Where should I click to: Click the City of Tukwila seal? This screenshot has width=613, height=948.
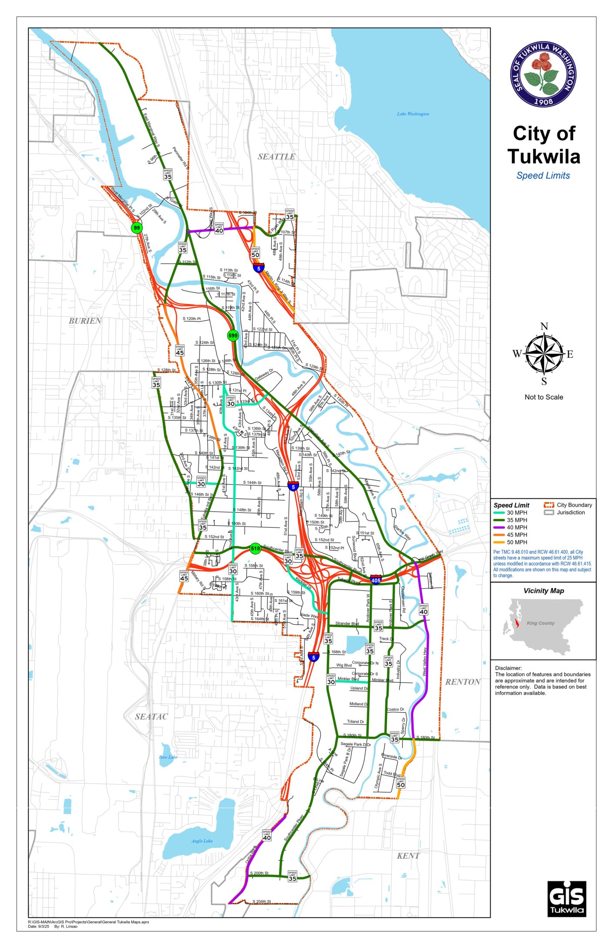[543, 74]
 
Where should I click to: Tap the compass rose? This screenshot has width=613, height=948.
[544, 353]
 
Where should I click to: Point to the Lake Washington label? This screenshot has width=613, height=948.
[413, 114]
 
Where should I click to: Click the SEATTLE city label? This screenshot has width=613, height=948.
[276, 156]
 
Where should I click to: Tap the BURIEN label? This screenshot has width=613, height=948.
[85, 321]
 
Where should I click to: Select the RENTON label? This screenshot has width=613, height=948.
[462, 682]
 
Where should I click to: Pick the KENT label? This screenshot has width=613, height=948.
[408, 856]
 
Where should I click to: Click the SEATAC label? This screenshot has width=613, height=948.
[151, 716]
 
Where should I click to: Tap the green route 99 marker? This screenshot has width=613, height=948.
[137, 227]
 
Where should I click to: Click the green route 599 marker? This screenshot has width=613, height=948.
[233, 335]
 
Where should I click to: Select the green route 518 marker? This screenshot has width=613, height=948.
[255, 548]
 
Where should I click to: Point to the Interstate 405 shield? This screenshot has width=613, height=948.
[376, 580]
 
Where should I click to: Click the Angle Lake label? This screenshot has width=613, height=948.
[202, 841]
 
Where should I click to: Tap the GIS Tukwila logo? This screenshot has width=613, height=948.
[566, 899]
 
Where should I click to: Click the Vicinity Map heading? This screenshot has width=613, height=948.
[543, 591]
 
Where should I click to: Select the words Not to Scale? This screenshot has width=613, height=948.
[544, 397]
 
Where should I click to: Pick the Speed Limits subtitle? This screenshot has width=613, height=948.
[543, 176]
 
